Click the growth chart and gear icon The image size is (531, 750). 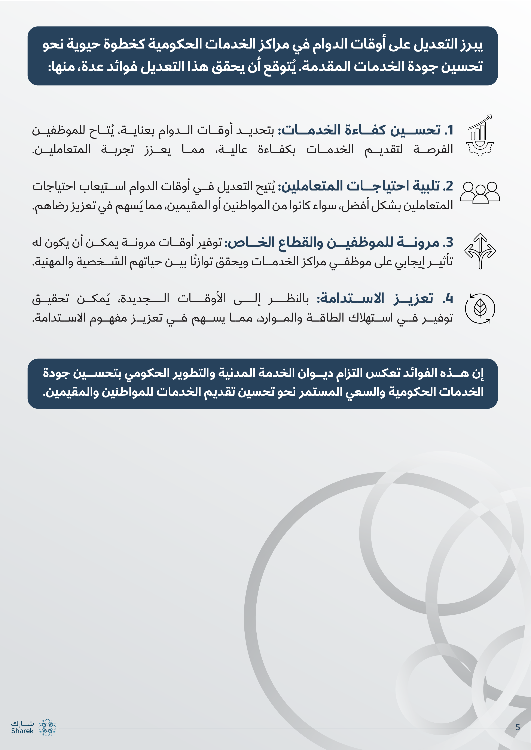click(480, 136)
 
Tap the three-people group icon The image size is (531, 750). click(480, 193)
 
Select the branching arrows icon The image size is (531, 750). click(480, 251)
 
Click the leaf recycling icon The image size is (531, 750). click(480, 308)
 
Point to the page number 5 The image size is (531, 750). click(518, 727)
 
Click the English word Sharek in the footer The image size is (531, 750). click(22, 731)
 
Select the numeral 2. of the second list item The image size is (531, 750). click(448, 186)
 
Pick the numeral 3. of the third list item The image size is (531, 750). click(448, 243)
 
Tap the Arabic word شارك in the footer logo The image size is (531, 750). click(22, 723)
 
